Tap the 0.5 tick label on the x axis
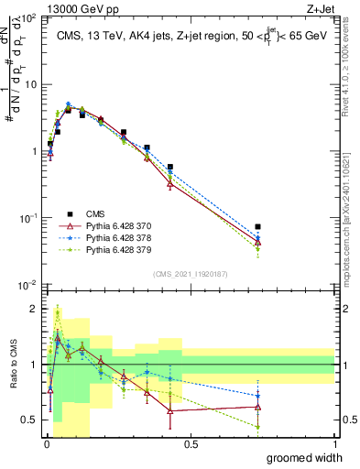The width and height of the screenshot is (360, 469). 191,444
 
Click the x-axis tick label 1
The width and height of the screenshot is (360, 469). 334,444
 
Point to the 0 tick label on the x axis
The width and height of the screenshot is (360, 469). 47,444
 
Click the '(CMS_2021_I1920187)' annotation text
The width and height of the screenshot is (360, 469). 190,274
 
